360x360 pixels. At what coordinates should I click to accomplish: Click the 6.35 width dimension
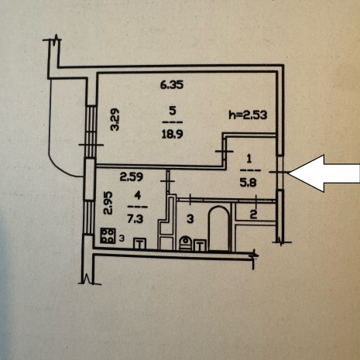(172, 85)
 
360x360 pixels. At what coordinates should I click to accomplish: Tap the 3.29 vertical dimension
(115, 119)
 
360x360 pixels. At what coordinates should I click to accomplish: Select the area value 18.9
(172, 134)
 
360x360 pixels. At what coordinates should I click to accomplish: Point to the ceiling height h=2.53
(248, 115)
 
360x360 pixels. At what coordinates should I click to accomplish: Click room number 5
(173, 111)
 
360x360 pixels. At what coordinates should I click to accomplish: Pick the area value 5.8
(248, 183)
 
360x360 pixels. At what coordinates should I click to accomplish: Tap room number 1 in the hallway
(249, 159)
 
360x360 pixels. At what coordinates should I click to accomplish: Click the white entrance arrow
(324, 173)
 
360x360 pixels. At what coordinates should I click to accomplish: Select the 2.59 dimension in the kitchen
(132, 177)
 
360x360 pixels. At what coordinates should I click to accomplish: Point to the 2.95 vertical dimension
(108, 203)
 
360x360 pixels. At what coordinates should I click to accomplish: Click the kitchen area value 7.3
(135, 219)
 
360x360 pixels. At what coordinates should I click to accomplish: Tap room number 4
(138, 196)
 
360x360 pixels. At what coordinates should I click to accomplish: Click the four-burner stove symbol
(108, 235)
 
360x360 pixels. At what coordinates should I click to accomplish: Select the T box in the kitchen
(139, 244)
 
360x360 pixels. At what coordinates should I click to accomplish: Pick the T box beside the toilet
(201, 245)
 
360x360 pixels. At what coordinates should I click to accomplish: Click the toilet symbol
(185, 243)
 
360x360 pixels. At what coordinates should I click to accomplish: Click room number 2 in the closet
(253, 214)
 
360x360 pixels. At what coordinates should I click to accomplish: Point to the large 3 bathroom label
(190, 219)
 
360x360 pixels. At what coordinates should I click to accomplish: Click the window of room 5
(91, 132)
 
